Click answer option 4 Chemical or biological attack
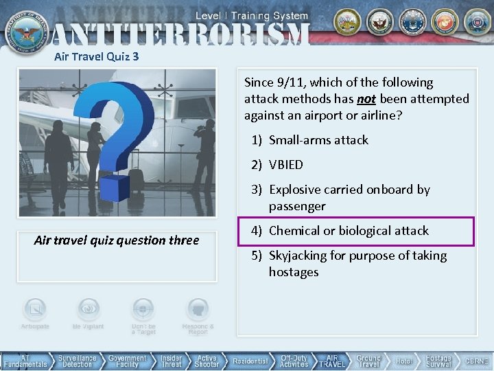click(349, 231)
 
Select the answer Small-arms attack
click(318, 140)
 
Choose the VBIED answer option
click(285, 165)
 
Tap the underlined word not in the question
click(366, 99)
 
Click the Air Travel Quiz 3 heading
click(97, 56)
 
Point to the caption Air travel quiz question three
click(117, 240)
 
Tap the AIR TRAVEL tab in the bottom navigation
click(332, 361)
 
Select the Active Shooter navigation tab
click(207, 361)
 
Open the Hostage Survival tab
click(438, 361)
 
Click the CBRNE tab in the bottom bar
click(477, 361)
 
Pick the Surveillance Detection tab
click(77, 361)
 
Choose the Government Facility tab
click(127, 361)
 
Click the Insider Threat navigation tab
click(171, 361)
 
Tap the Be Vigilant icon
click(88, 313)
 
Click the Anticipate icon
click(34, 313)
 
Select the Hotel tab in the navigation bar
click(404, 361)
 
